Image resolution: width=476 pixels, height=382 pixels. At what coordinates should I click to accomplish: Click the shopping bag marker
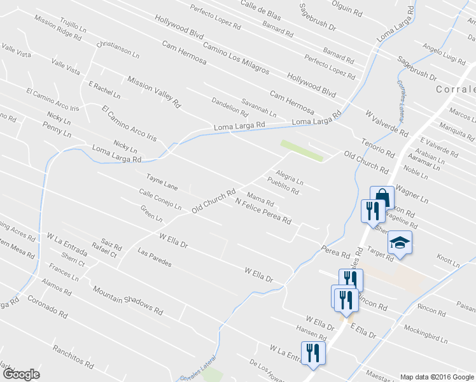382,197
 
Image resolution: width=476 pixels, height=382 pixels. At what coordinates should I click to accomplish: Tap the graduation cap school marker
400,243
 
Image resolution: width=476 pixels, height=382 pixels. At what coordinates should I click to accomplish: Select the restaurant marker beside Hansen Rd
312,353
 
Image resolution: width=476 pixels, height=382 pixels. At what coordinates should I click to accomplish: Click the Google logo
21,374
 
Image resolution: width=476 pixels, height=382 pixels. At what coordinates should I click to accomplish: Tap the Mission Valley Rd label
154,90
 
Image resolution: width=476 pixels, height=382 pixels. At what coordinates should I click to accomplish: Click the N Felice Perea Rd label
263,211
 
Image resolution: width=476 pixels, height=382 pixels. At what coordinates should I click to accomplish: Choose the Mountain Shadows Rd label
127,300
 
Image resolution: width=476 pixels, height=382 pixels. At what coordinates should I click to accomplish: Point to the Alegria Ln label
289,176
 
